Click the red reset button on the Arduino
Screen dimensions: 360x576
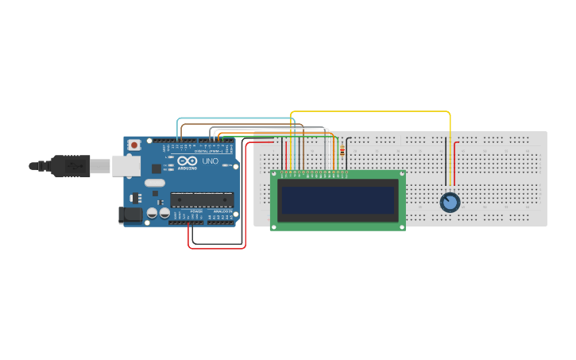[x=134, y=145]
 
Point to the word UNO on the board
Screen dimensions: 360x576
[x=211, y=161]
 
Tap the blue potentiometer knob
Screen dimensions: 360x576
[x=450, y=203]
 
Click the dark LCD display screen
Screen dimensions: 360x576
[x=338, y=200]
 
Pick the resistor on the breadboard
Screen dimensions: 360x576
[x=342, y=151]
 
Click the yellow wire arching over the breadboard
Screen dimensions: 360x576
[x=373, y=112]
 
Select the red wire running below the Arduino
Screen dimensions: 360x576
[x=216, y=247]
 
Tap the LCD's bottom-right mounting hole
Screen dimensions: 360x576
[x=401, y=226]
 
